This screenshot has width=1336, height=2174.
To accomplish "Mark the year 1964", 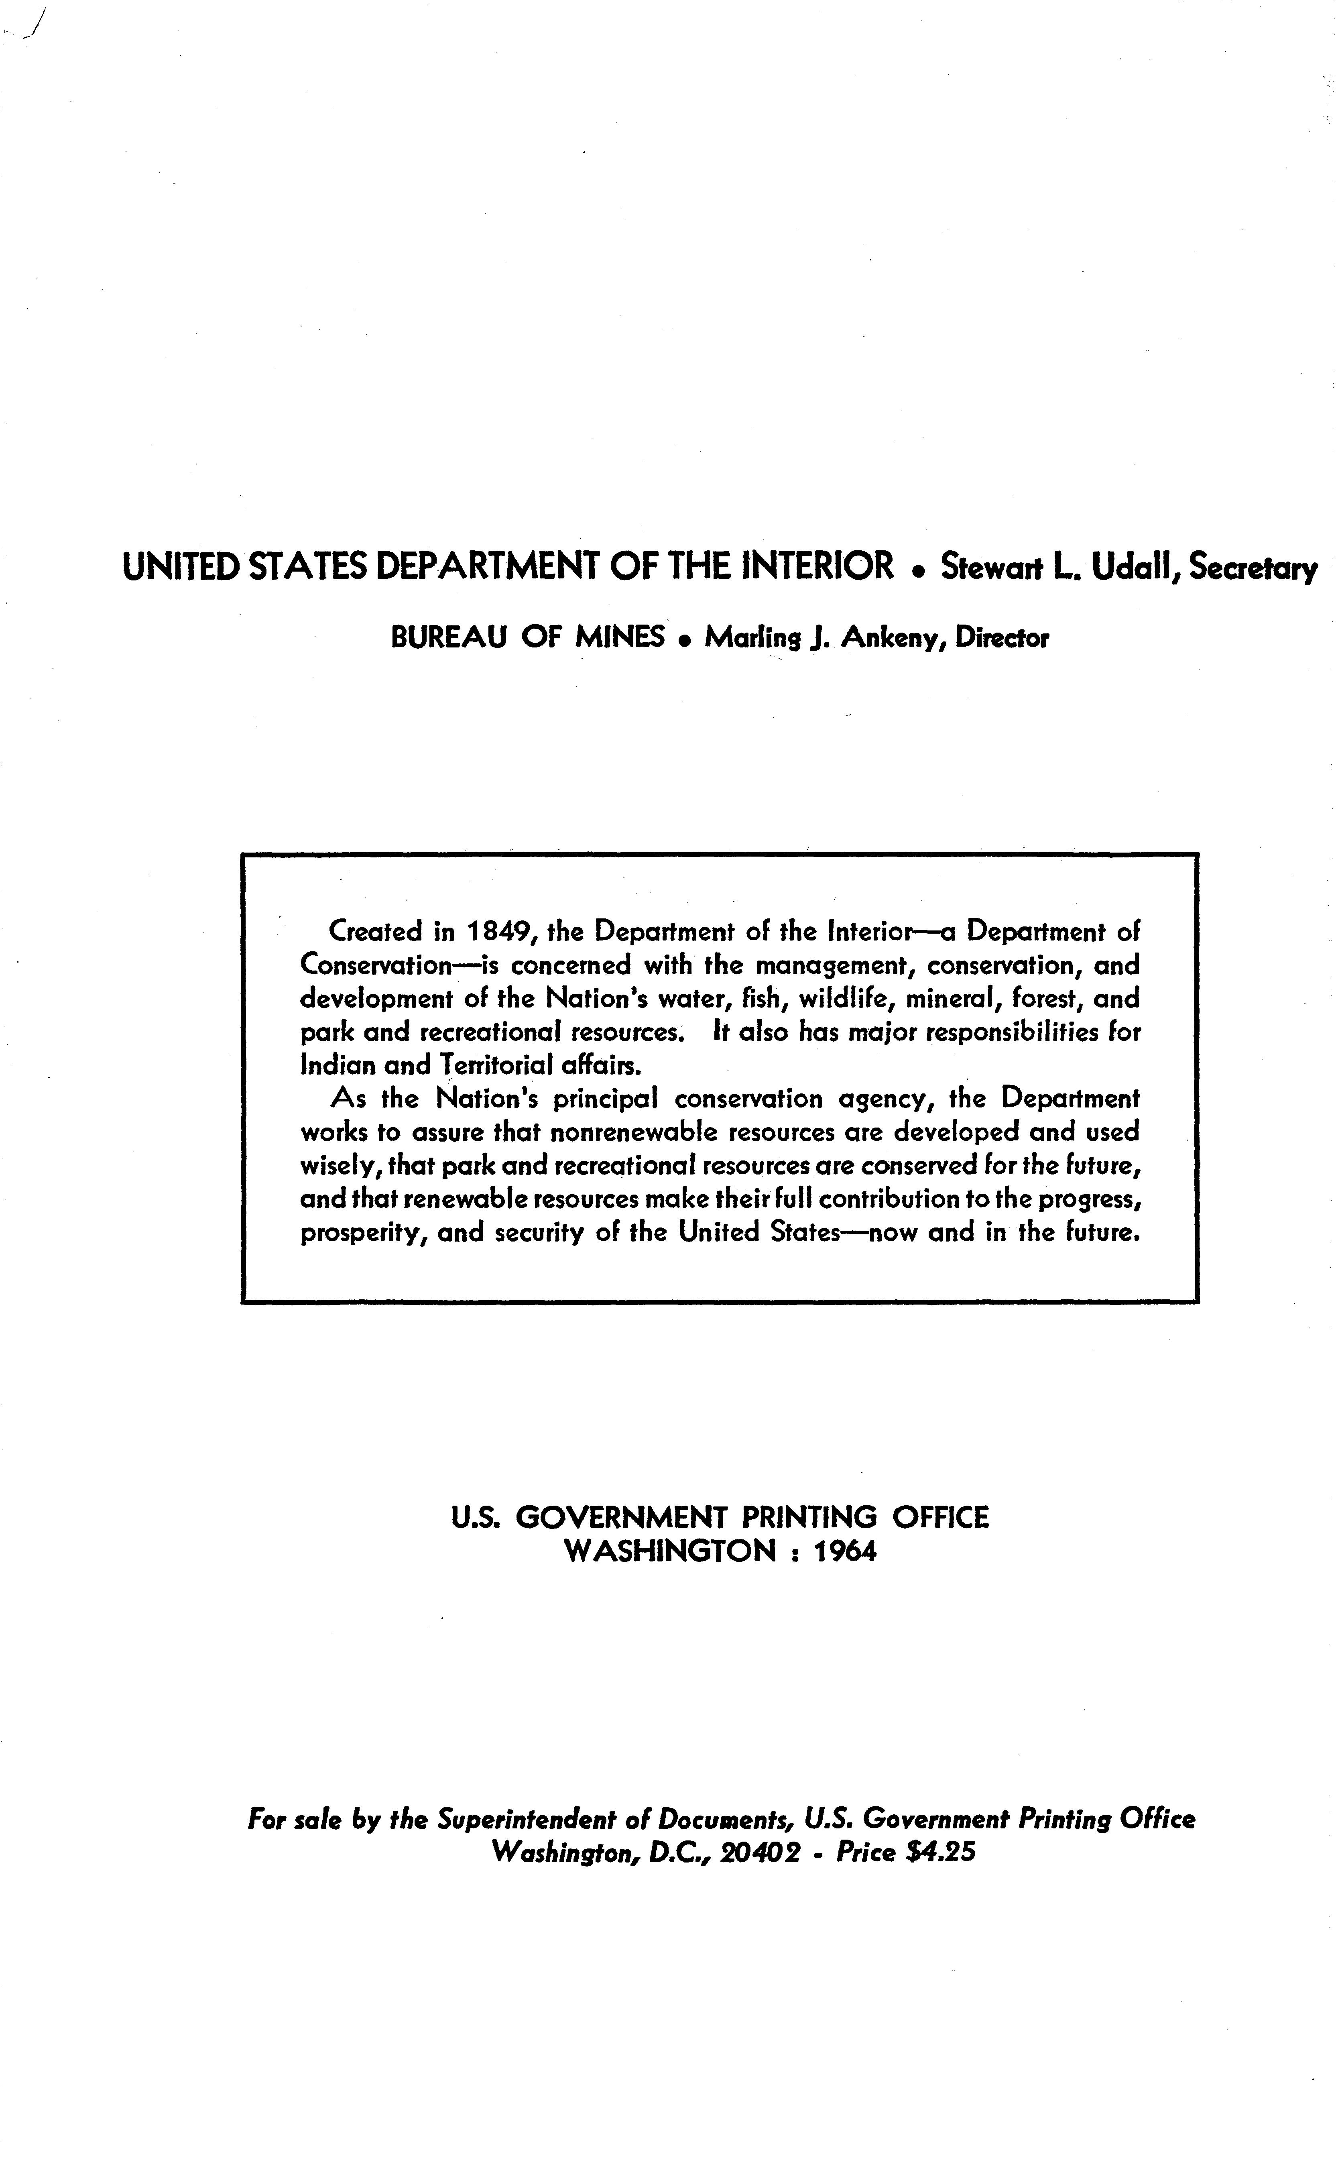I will [845, 1552].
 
